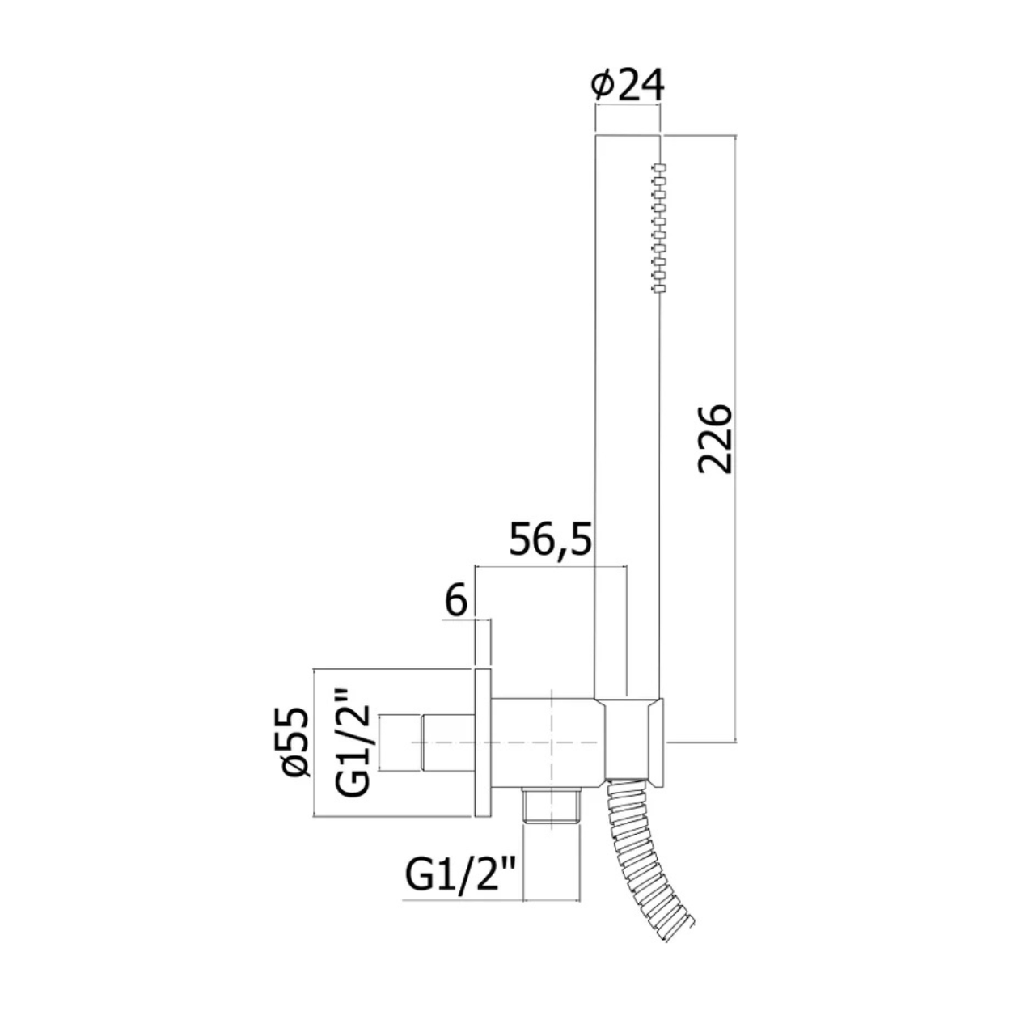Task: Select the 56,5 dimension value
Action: (550, 539)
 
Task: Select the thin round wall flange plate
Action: (483, 751)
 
